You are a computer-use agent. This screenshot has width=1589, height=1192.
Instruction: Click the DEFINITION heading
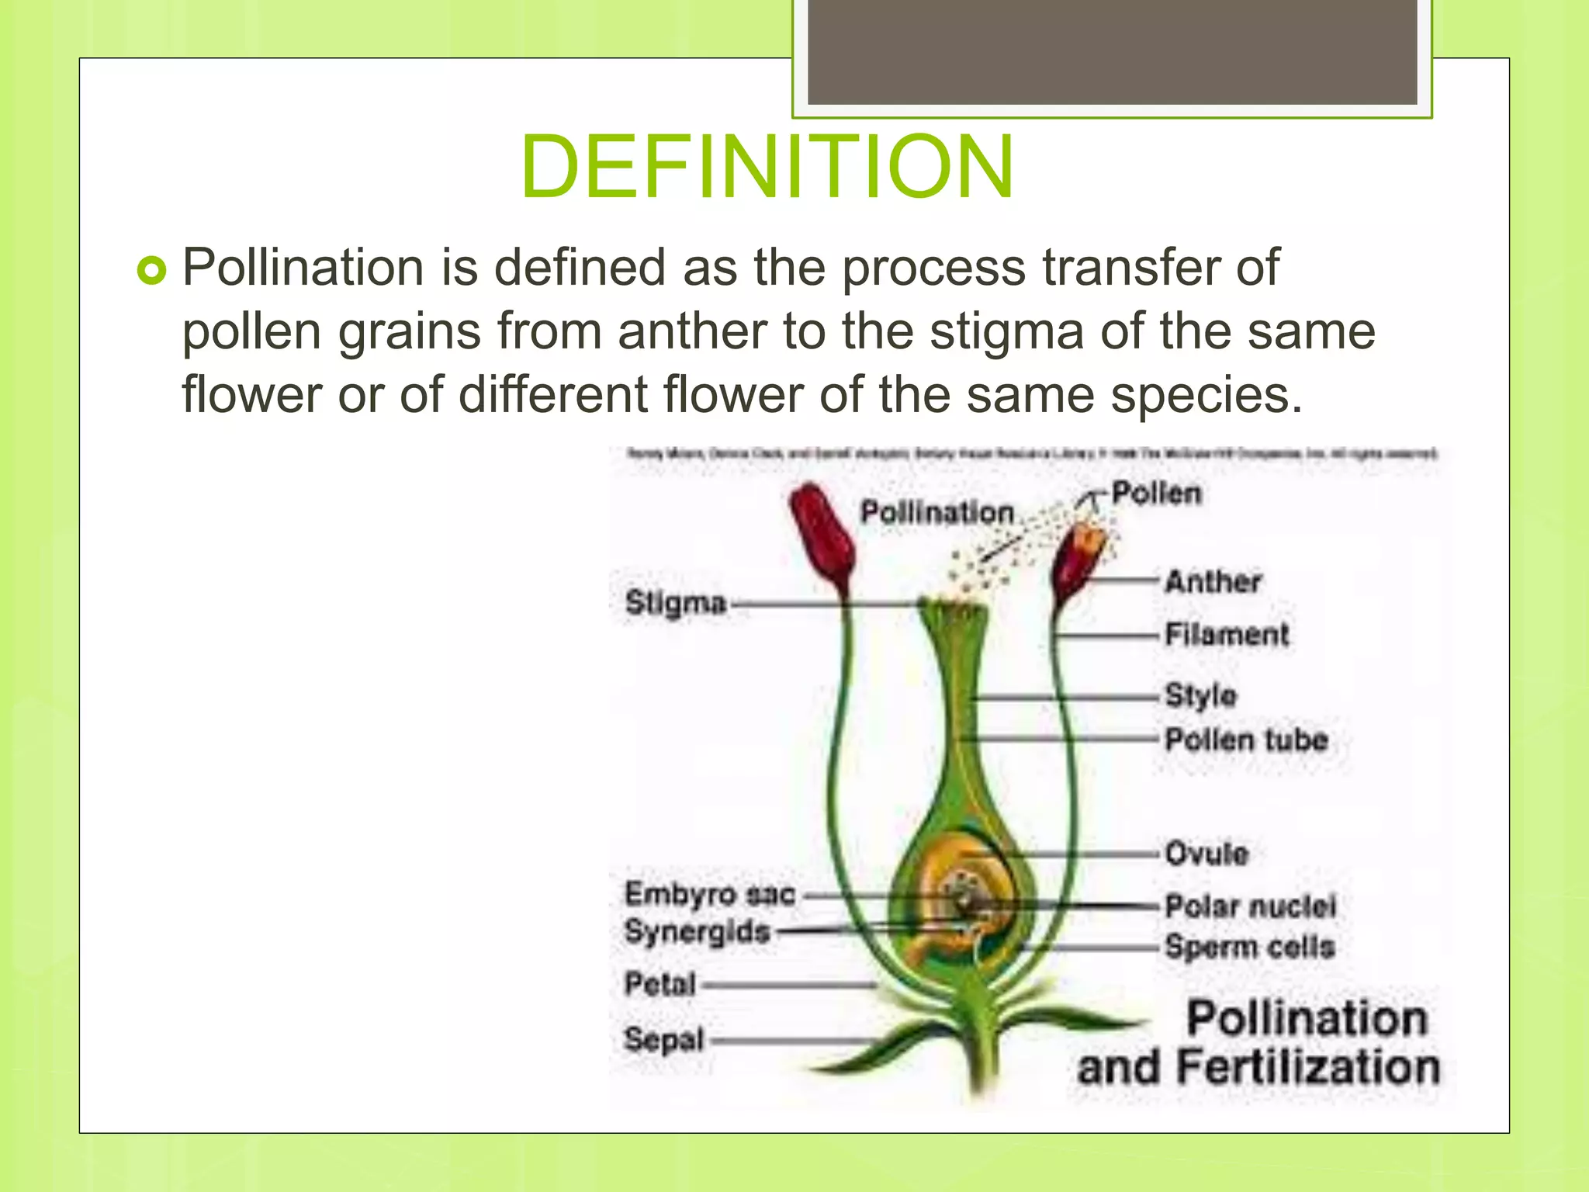767,168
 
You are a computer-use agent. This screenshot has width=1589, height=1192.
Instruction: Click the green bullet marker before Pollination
151,271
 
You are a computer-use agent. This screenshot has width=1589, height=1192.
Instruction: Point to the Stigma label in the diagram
675,603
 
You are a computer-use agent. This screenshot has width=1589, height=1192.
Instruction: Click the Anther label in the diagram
1213,581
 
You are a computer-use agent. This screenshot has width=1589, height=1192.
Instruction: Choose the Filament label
1226,635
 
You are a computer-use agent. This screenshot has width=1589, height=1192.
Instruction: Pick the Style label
1200,695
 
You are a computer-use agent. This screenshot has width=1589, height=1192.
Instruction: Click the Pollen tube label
1246,740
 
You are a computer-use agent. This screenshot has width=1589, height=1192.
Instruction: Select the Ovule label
1206,854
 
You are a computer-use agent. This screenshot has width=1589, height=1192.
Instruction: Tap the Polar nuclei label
1250,906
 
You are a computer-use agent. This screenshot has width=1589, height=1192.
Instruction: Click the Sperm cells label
1249,947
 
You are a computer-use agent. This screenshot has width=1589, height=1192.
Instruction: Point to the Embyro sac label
709,894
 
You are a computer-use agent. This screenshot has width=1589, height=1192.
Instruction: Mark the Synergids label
697,931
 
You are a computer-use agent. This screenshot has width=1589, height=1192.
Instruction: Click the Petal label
660,984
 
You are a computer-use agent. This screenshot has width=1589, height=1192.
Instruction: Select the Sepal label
663,1039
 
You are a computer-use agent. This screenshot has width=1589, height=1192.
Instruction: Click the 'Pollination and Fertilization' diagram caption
1258,1044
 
